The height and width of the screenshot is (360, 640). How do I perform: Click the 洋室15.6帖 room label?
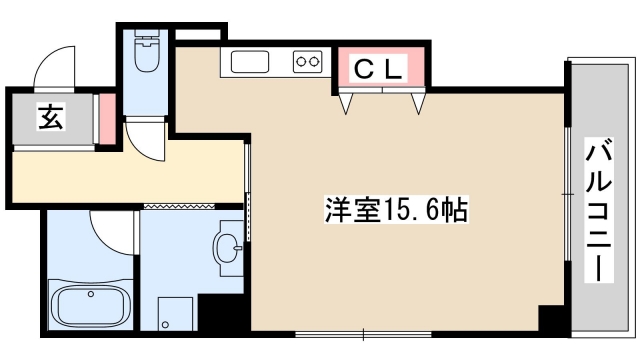396,211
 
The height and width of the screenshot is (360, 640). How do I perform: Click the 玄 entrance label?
51,118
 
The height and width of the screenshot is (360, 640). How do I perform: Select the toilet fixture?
147,56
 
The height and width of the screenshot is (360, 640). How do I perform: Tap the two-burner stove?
308,63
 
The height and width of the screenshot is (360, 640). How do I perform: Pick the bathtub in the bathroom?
89,304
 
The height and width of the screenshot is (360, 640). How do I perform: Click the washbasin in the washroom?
229,245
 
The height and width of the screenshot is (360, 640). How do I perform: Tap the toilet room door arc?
151,140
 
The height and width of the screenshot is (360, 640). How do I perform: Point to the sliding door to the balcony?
567,210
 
